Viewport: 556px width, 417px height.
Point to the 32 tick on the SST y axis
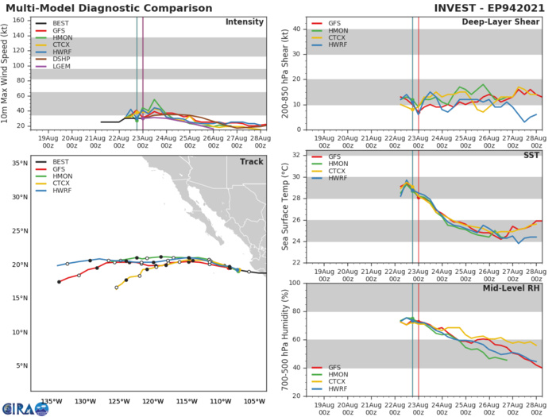[x=293, y=155]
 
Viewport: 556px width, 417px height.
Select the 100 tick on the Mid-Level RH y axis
[x=292, y=283]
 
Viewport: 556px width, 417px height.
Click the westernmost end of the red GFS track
[x=59, y=282]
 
